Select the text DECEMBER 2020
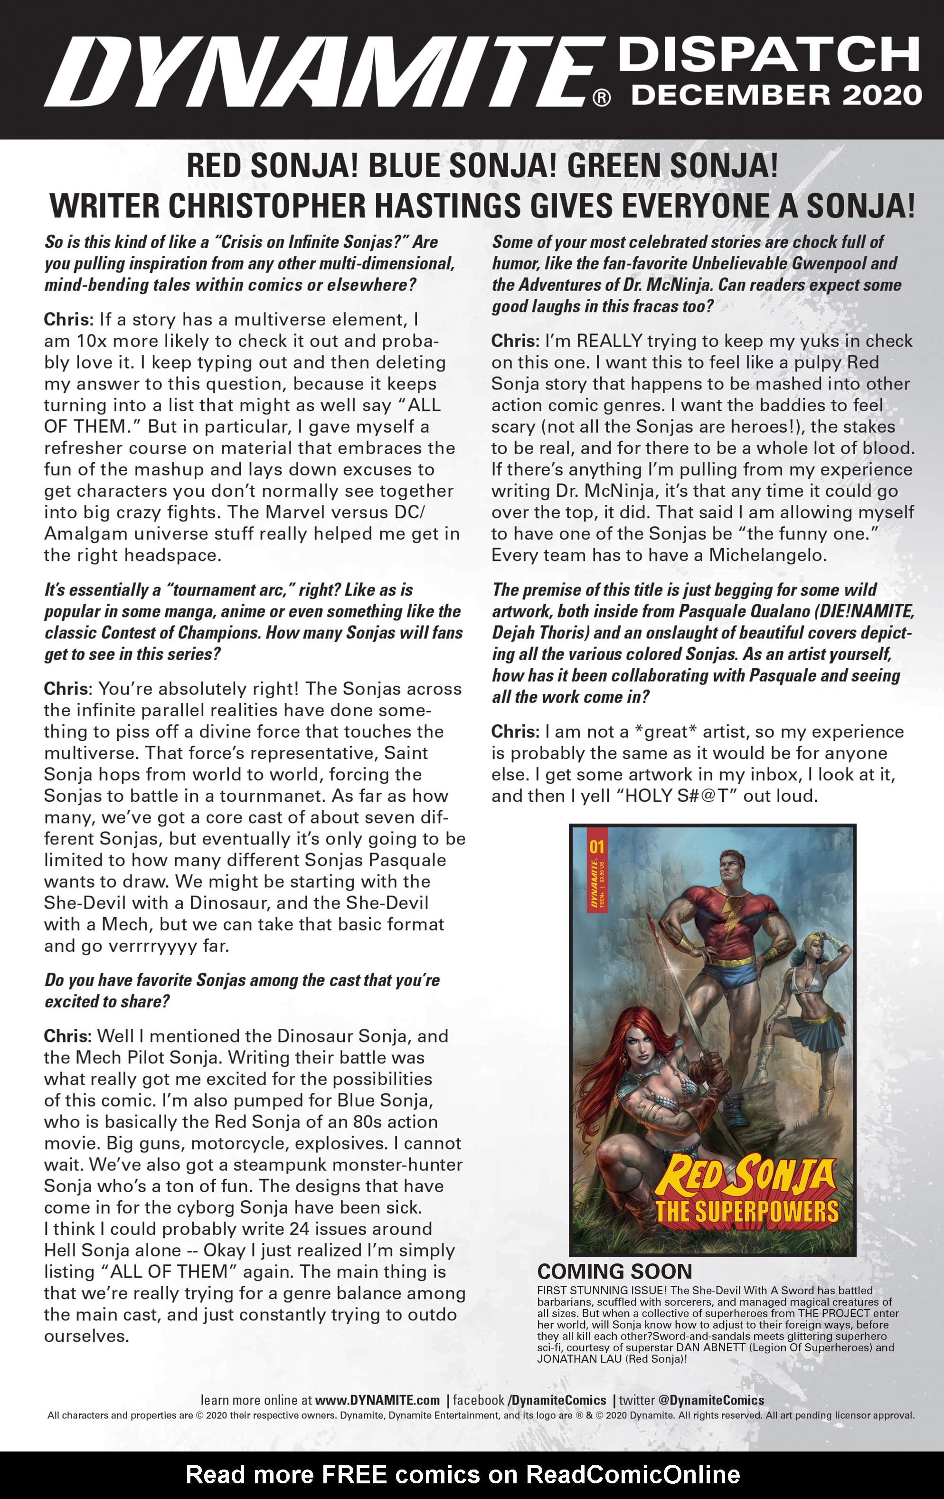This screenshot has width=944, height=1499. point(776,95)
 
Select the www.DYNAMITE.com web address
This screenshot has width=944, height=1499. point(377,1401)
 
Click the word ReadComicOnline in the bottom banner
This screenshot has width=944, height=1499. point(633,1475)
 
